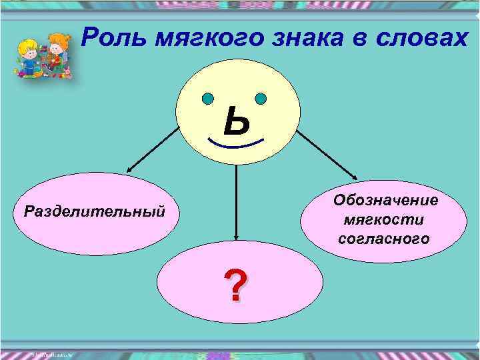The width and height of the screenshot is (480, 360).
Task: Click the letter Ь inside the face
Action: click(237, 122)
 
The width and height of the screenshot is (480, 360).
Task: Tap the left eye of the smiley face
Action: click(208, 99)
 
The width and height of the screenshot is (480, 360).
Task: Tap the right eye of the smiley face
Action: click(261, 99)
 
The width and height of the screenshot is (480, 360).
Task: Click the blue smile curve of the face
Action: click(235, 144)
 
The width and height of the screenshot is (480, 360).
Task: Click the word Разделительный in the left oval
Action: click(94, 212)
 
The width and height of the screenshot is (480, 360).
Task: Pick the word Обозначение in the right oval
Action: click(385, 200)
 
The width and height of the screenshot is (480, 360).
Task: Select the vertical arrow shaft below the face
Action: click(235, 200)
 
